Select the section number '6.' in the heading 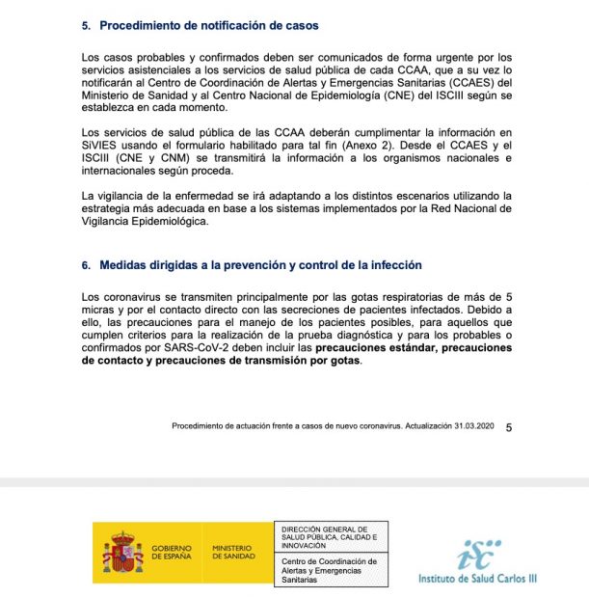click(x=86, y=265)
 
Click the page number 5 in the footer click(x=509, y=426)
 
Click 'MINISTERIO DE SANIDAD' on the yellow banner click(x=233, y=552)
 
